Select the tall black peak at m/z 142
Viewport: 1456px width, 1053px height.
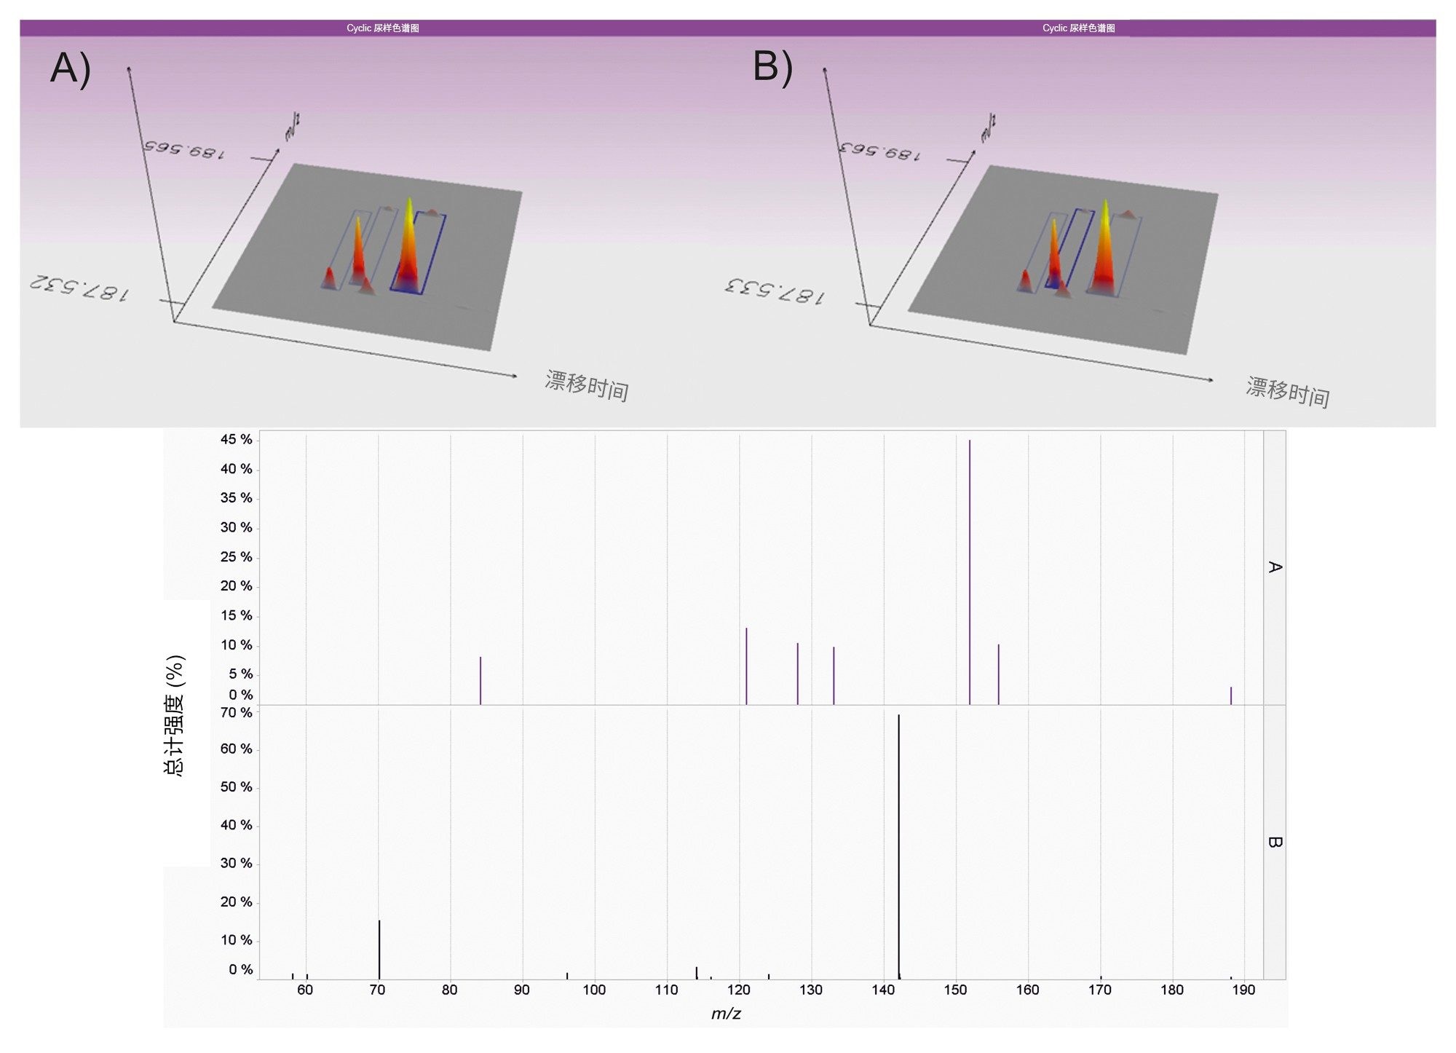click(x=899, y=845)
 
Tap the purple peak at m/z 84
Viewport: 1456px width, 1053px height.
click(x=480, y=680)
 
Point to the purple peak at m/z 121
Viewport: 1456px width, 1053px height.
click(x=747, y=666)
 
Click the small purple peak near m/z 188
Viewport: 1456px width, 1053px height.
click(x=1231, y=695)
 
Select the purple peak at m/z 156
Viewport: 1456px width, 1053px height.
click(x=999, y=674)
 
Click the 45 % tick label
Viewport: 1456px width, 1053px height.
click(x=236, y=439)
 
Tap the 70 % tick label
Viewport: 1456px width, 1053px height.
click(x=236, y=712)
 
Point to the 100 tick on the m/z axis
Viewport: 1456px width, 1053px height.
click(x=594, y=990)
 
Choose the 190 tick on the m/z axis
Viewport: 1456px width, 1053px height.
click(x=1243, y=990)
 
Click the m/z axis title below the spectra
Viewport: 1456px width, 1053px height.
click(x=726, y=1014)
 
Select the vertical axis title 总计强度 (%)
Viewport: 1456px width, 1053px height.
click(x=175, y=715)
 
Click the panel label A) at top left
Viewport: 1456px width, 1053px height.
click(x=71, y=69)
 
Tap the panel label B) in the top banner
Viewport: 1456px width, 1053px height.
click(x=772, y=67)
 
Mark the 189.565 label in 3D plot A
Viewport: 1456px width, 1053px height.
click(x=184, y=149)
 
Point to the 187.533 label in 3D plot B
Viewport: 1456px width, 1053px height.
click(x=775, y=291)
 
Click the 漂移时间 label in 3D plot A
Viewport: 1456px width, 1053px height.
click(x=587, y=385)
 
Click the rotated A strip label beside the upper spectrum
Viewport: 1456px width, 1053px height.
click(x=1274, y=567)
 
